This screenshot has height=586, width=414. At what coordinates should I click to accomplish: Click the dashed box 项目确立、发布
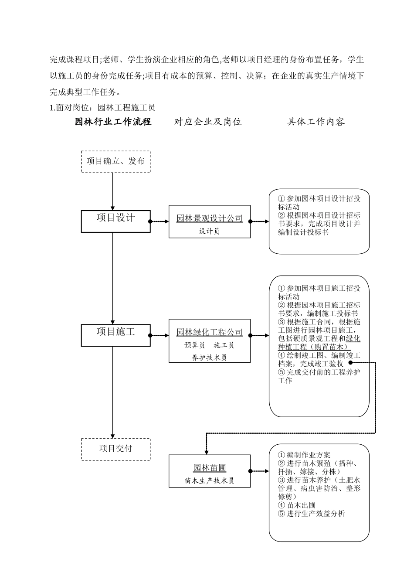pyautogui.click(x=115, y=161)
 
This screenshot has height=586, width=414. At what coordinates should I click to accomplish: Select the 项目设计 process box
pyautogui.click(x=115, y=221)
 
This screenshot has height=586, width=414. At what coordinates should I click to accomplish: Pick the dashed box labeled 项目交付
pyautogui.click(x=115, y=449)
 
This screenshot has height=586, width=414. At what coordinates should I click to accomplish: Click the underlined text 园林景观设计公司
pyautogui.click(x=209, y=218)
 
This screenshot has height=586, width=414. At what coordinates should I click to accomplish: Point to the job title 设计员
pyautogui.click(x=209, y=231)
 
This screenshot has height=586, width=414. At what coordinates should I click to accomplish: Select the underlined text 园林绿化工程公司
pyautogui.click(x=209, y=332)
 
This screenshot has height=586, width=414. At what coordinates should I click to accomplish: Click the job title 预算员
pyautogui.click(x=195, y=345)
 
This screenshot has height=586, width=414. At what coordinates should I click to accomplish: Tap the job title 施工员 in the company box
pyautogui.click(x=224, y=345)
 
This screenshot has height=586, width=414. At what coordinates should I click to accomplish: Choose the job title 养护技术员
pyautogui.click(x=209, y=358)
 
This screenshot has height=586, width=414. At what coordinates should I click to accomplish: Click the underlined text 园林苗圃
pyautogui.click(x=209, y=468)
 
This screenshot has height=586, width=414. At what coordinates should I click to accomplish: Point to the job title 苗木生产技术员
pyautogui.click(x=209, y=480)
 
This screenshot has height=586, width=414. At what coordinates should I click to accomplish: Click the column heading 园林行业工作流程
pyautogui.click(x=113, y=122)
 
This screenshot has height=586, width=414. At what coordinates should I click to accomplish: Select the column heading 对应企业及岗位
pyautogui.click(x=208, y=122)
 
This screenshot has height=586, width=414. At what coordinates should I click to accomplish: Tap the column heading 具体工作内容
pyautogui.click(x=316, y=122)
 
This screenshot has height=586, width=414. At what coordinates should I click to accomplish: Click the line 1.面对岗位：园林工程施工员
pyautogui.click(x=102, y=107)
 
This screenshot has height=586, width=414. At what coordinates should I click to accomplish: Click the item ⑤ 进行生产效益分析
pyautogui.click(x=311, y=513)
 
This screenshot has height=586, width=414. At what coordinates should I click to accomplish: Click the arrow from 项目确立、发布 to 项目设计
pyautogui.click(x=113, y=192)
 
